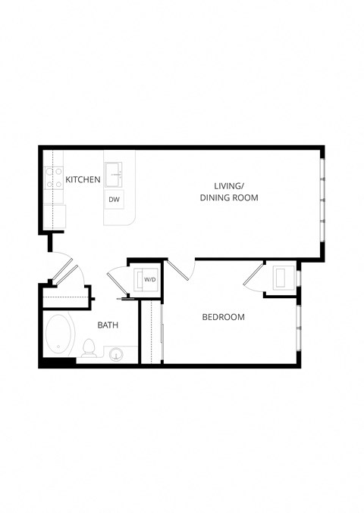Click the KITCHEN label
[x=83, y=179]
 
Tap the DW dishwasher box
[x=115, y=200]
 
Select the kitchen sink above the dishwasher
[x=115, y=173]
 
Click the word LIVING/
[x=228, y=185]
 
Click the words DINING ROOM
[x=229, y=197]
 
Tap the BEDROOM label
[x=223, y=317]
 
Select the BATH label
[x=108, y=325]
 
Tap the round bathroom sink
[x=116, y=354]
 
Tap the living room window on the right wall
[x=322, y=201]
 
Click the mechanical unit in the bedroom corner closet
[x=283, y=277]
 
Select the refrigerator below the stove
[x=54, y=216]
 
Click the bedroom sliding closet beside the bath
[x=152, y=333]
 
